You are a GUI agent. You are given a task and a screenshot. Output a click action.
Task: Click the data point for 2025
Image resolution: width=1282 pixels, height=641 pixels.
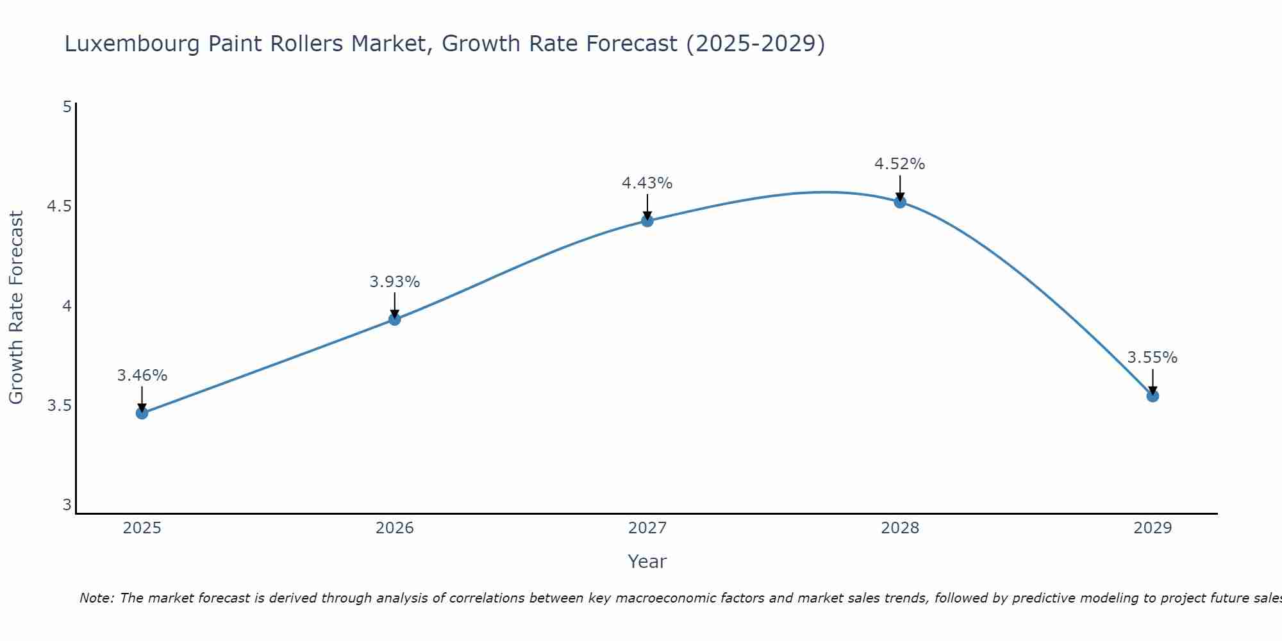pyautogui.click(x=142, y=413)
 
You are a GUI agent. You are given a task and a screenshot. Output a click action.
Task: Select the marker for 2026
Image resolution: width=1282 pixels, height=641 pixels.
pyautogui.click(x=395, y=319)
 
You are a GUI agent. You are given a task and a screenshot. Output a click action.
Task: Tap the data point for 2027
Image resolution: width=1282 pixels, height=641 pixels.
pyautogui.click(x=647, y=221)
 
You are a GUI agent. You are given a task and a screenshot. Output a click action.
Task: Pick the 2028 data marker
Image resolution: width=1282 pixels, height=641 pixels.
pyautogui.click(x=900, y=203)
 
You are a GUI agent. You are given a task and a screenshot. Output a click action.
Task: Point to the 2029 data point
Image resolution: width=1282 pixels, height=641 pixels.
pyautogui.click(x=1153, y=396)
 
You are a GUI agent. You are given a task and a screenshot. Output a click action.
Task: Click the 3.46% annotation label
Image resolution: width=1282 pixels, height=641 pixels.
pyautogui.click(x=142, y=376)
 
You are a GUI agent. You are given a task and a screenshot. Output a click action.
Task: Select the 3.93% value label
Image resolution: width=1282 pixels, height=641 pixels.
pyautogui.click(x=395, y=282)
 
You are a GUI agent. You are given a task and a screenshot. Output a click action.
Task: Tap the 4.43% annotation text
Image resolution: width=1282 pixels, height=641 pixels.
pyautogui.click(x=647, y=183)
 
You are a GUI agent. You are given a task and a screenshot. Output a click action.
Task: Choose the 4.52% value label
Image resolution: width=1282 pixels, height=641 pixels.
pyautogui.click(x=900, y=164)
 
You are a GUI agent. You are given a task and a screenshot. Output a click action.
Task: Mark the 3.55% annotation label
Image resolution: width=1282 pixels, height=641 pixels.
pyautogui.click(x=1153, y=358)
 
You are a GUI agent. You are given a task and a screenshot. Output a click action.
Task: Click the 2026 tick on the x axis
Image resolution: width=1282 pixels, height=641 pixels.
pyautogui.click(x=395, y=528)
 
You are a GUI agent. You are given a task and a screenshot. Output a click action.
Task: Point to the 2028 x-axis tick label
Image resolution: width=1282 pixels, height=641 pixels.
pyautogui.click(x=900, y=528)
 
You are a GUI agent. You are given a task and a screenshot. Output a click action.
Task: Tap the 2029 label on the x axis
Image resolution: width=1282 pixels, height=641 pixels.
pyautogui.click(x=1153, y=528)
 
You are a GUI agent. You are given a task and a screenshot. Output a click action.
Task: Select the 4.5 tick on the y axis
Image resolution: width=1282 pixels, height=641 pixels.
pyautogui.click(x=59, y=206)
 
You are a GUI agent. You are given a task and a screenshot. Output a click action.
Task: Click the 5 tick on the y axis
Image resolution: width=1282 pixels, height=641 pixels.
pyautogui.click(x=67, y=106)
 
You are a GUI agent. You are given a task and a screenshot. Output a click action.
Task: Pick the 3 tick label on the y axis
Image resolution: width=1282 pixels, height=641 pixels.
pyautogui.click(x=67, y=505)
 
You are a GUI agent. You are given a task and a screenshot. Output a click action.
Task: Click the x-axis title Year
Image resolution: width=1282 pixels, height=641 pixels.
pyautogui.click(x=647, y=562)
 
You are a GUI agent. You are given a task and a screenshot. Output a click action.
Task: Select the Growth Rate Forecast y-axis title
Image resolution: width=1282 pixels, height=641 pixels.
pyautogui.click(x=16, y=308)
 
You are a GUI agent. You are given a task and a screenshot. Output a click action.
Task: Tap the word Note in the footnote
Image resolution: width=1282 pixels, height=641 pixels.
pyautogui.click(x=96, y=598)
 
